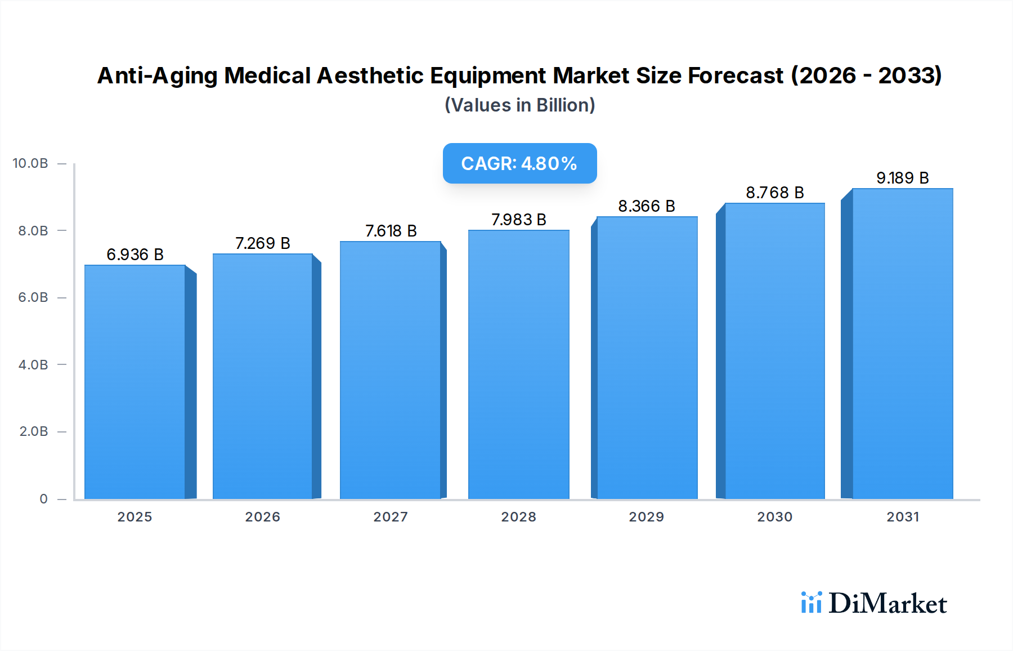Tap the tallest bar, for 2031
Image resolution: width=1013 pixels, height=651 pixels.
click(902, 344)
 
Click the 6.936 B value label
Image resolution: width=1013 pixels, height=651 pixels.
click(135, 255)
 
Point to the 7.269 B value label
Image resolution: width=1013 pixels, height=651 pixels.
click(263, 243)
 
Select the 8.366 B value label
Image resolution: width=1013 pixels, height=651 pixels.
click(647, 206)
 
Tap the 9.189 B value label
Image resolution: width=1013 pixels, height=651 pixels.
click(902, 178)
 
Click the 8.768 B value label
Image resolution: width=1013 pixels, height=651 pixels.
click(774, 193)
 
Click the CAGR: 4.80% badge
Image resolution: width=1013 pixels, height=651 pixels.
click(519, 163)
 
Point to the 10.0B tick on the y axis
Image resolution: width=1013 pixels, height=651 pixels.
click(30, 163)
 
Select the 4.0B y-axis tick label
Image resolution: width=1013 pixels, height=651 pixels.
click(33, 364)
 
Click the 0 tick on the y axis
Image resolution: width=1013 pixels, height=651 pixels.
click(43, 498)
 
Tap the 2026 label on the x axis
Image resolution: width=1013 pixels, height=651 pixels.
click(262, 516)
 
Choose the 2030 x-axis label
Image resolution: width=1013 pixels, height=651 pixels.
click(774, 516)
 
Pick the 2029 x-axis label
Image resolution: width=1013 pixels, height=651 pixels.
click(646, 516)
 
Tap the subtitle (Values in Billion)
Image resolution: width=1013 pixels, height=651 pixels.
click(519, 105)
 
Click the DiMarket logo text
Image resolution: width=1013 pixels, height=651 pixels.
click(888, 603)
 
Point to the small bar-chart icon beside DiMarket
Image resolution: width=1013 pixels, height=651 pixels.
click(811, 603)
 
